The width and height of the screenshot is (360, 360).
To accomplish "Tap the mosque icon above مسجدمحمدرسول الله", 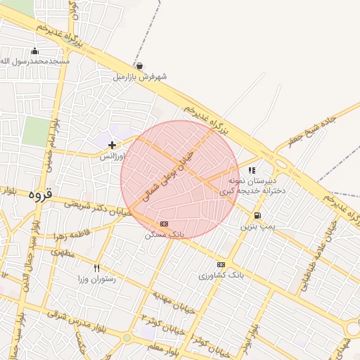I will (35, 51).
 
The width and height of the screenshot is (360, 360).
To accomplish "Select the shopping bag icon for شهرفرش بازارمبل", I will (139, 66).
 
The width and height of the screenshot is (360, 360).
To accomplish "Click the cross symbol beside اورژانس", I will (112, 145).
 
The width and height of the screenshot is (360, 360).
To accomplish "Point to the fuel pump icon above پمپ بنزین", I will (257, 216).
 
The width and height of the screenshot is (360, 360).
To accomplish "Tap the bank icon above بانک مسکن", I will (165, 224).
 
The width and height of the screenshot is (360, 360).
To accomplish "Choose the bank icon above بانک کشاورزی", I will (221, 264).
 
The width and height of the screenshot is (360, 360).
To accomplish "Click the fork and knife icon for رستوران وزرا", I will (97, 268).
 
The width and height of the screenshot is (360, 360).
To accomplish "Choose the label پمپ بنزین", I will (258, 226).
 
